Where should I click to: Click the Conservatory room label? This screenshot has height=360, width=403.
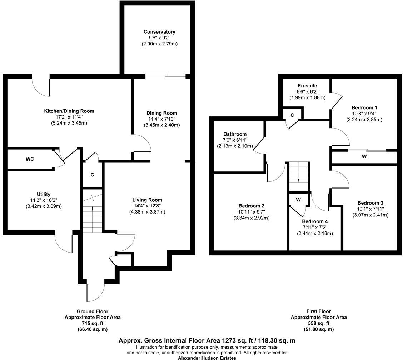coord(159,32)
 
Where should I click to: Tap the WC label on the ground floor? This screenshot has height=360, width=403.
coord(30,159)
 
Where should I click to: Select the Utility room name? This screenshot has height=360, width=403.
coord(43,194)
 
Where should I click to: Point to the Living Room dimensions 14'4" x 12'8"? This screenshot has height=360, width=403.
coord(147,206)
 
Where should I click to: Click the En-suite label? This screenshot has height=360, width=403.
coord(307,86)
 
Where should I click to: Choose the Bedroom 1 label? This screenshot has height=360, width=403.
coord(364,107)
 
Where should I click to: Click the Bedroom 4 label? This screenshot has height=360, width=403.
coord(315,221)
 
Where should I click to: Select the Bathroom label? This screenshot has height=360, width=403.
coord(235,134)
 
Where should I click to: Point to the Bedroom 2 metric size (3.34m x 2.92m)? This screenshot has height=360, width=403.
coord(252,218)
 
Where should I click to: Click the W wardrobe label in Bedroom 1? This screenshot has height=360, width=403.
coord(364,156)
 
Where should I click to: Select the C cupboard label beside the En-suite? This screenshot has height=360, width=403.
coord(292,115)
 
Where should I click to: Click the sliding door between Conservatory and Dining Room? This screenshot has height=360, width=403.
coord(165,76)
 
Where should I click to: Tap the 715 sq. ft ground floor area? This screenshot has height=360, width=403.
coord(92,323)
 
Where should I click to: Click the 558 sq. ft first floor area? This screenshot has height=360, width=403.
coord(318,323)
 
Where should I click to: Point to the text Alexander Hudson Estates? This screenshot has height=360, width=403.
coord(207,357)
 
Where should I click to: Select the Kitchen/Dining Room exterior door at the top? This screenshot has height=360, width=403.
coord(40,85)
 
